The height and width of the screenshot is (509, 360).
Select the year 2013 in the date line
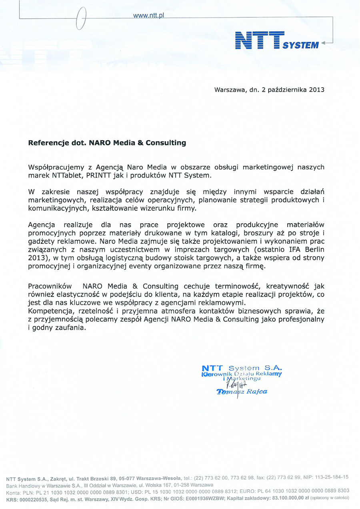tap(316, 90)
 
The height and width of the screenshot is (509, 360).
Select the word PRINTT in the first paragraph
tap(93, 175)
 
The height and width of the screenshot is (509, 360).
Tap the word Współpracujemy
tap(55, 167)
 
